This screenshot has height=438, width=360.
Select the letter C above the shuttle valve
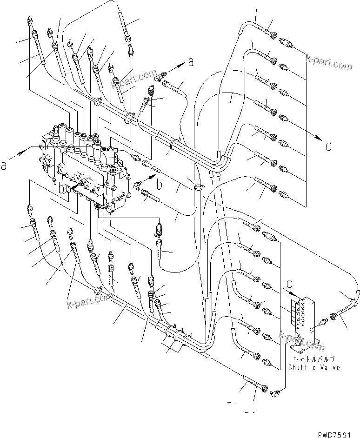[290, 284]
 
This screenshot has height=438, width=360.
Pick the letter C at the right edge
[328, 147]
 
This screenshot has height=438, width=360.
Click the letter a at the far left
[4, 166]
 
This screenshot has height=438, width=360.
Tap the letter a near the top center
[190, 62]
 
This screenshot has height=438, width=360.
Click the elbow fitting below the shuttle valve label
[275, 393]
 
